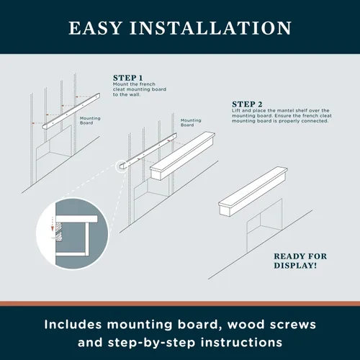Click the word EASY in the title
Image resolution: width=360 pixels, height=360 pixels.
[x=96, y=28]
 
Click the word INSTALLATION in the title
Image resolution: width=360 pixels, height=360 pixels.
[x=211, y=28]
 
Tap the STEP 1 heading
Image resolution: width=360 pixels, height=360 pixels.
[x=128, y=78]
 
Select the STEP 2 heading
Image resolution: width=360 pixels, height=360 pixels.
[x=247, y=104]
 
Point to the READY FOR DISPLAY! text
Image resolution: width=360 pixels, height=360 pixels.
[x=300, y=261]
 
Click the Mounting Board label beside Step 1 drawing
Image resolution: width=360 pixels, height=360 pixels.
[x=90, y=120]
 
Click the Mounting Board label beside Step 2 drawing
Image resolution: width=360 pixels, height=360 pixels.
[x=191, y=122]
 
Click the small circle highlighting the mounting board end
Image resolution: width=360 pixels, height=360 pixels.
[x=121, y=166]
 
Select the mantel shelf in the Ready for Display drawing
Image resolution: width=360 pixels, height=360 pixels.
[x=253, y=192]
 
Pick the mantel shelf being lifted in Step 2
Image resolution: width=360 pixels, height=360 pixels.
[x=183, y=156]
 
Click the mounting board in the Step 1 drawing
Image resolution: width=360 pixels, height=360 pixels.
[x=71, y=111]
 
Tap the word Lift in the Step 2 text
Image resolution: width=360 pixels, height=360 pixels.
[x=236, y=111]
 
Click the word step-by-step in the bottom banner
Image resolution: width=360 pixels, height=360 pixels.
[x=151, y=343]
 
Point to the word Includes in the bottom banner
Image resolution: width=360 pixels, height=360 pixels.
[x=73, y=325]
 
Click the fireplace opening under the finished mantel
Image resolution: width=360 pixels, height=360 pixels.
[x=264, y=225]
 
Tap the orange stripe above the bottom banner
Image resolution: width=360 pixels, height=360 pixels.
[x=180, y=303]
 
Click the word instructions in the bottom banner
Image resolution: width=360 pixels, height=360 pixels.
[x=241, y=342]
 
